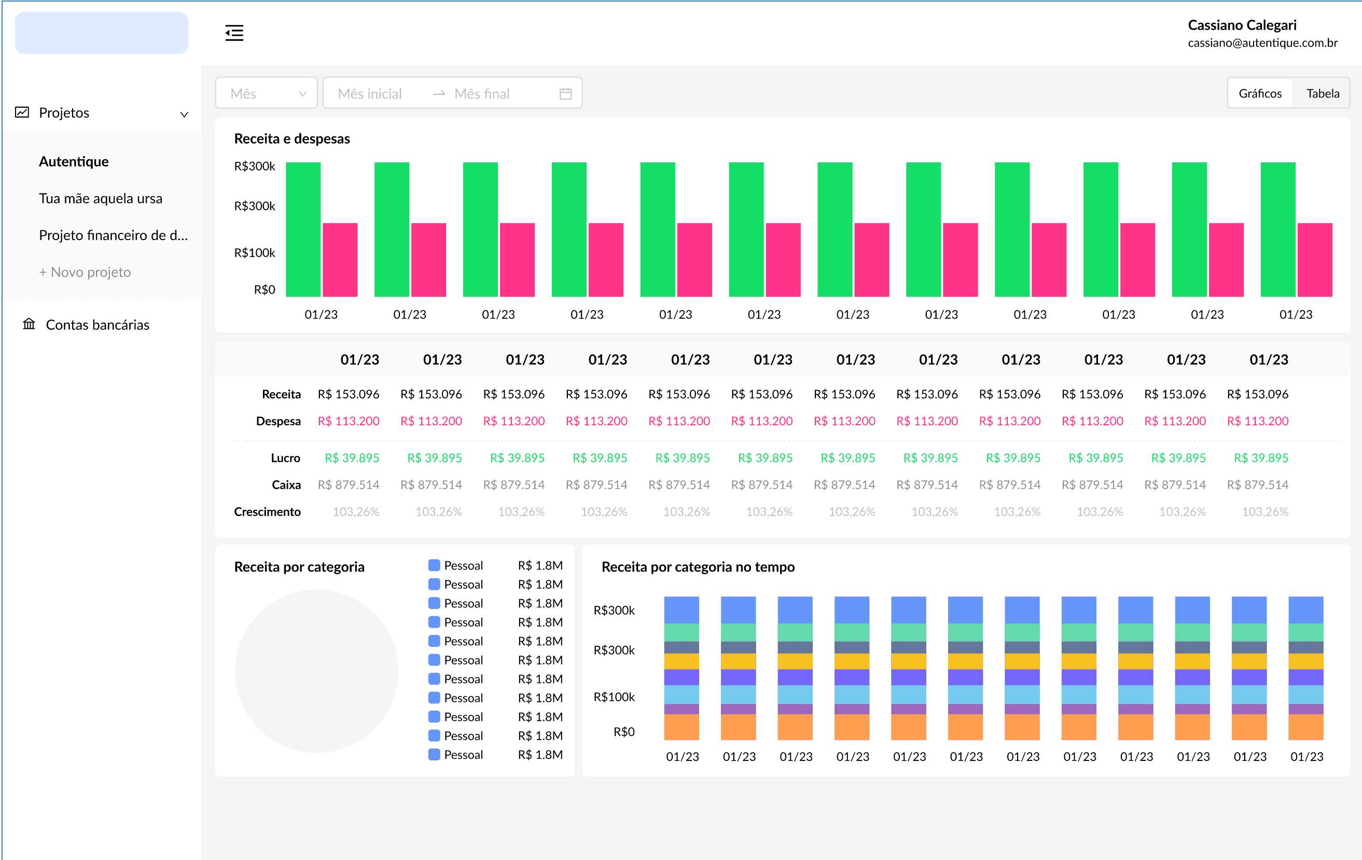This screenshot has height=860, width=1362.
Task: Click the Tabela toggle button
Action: [1322, 93]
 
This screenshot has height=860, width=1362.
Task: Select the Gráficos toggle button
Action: [1260, 93]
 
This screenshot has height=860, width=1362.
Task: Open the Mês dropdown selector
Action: [267, 93]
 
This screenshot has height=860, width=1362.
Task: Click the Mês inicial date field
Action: [370, 93]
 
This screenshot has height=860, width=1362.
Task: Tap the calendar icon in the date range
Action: [565, 93]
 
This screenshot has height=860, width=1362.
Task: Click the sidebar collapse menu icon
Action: [234, 33]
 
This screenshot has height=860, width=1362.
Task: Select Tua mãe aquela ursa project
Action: [101, 199]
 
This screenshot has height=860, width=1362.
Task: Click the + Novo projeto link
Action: [85, 272]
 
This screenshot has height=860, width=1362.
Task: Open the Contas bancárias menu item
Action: [98, 325]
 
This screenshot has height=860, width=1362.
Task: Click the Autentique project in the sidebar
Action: [74, 162]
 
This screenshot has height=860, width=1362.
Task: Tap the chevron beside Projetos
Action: [184, 114]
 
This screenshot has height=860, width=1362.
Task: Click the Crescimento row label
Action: [267, 511]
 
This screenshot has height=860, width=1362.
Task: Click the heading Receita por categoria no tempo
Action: [698, 567]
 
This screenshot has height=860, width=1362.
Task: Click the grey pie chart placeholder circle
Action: [316, 671]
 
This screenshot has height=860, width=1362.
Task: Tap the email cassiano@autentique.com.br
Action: [1262, 43]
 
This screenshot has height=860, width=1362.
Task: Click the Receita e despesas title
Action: [292, 138]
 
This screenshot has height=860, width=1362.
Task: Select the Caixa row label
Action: [286, 485]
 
